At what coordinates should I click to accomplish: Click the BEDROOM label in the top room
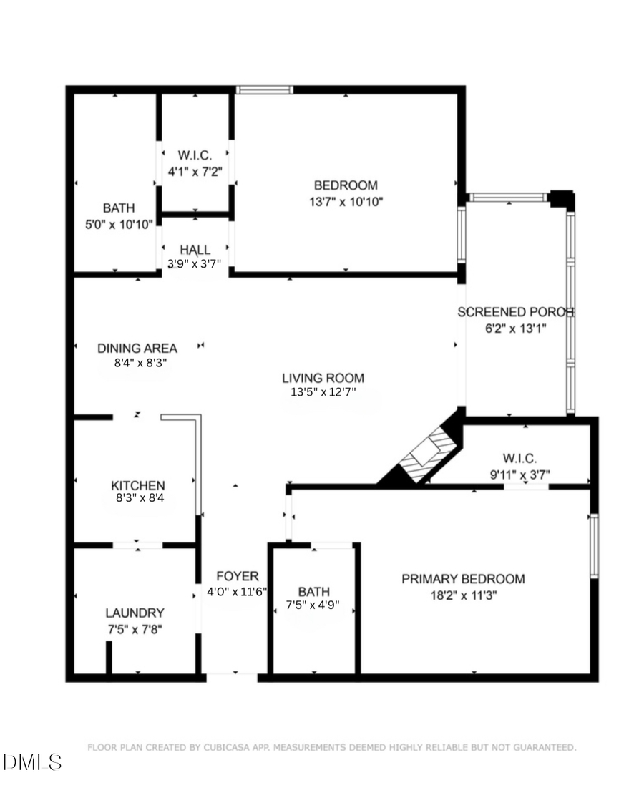(346, 186)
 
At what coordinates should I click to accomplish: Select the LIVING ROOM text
(323, 378)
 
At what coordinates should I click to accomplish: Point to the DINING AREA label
(137, 349)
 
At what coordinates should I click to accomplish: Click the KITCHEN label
(137, 485)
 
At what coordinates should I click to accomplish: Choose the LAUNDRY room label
(135, 613)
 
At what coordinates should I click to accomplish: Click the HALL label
(195, 250)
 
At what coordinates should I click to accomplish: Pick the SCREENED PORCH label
(515, 312)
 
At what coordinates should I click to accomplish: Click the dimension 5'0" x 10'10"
(119, 224)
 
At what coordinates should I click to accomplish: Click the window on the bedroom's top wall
(264, 89)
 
